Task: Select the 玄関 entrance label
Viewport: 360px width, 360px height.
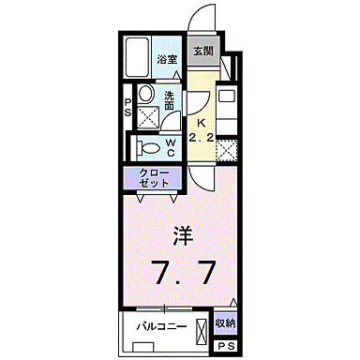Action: point(203,52)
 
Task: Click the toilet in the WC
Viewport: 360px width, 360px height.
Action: point(146,145)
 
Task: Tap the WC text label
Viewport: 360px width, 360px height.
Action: point(172,146)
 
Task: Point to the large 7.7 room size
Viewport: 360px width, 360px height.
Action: point(186,273)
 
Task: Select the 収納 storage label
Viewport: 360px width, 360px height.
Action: point(225,324)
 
